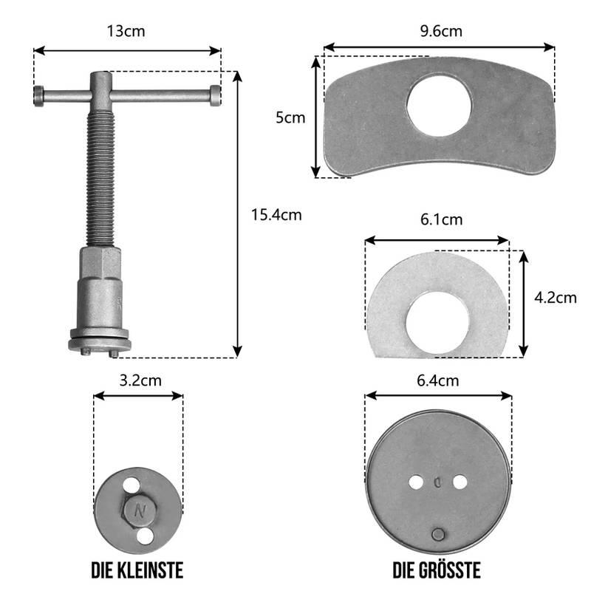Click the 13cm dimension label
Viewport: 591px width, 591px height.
coord(126,31)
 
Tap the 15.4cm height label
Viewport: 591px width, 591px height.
coord(276,215)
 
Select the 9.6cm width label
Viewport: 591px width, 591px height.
coord(441,31)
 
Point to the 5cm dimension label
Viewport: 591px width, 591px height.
coord(290,117)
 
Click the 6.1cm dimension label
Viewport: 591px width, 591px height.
coord(441,219)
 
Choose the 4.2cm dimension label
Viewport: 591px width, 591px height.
coord(556,298)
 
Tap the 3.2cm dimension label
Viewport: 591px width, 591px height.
coord(140,380)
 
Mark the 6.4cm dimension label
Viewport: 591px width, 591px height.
coord(437,381)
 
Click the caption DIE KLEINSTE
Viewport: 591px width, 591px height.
coord(137,570)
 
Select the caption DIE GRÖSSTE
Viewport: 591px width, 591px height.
coord(437,570)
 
